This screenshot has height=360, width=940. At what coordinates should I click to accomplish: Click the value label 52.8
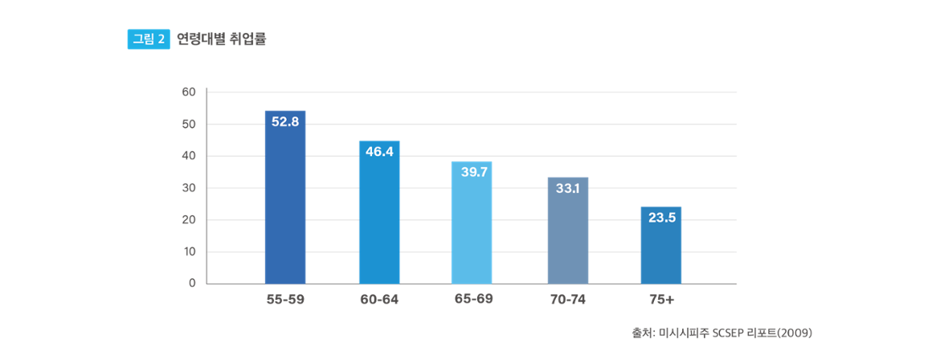coord(285,122)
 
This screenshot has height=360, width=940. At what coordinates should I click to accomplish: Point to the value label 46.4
coord(379,151)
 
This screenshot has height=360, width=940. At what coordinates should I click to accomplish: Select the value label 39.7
coord(474,172)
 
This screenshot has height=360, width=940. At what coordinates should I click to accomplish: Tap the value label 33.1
coord(568,189)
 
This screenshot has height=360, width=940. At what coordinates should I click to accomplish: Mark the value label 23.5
coord(661,217)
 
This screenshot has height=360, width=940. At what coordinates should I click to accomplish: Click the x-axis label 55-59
coord(285,300)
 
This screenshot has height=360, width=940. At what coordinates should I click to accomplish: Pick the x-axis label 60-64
coord(379,300)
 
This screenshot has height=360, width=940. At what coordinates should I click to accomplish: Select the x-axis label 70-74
coord(568,300)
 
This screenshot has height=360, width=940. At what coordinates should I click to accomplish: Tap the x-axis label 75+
coord(661,300)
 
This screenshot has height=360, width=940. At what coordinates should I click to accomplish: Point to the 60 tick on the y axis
coord(190,92)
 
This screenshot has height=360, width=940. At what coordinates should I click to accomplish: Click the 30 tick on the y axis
coord(190,188)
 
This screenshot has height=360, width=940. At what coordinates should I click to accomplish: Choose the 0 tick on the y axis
coord(193,283)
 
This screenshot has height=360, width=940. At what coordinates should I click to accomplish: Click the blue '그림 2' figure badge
coord(149,39)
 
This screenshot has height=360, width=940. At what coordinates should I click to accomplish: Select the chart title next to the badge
coord(222,39)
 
